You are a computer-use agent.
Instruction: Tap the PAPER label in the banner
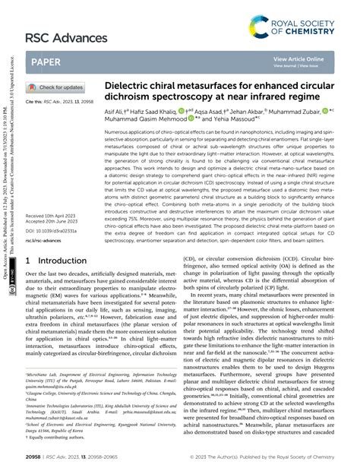point(47,61)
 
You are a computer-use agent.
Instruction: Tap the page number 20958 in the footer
point(34,459)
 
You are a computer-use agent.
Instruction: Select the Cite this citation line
point(63,100)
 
